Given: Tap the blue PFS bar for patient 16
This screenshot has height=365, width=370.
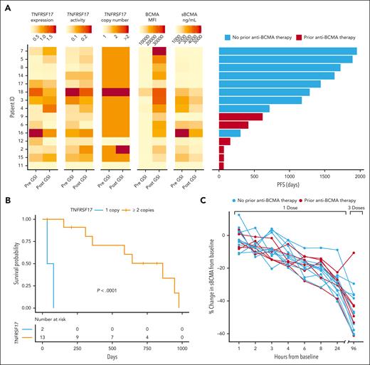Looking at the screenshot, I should (230, 132).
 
